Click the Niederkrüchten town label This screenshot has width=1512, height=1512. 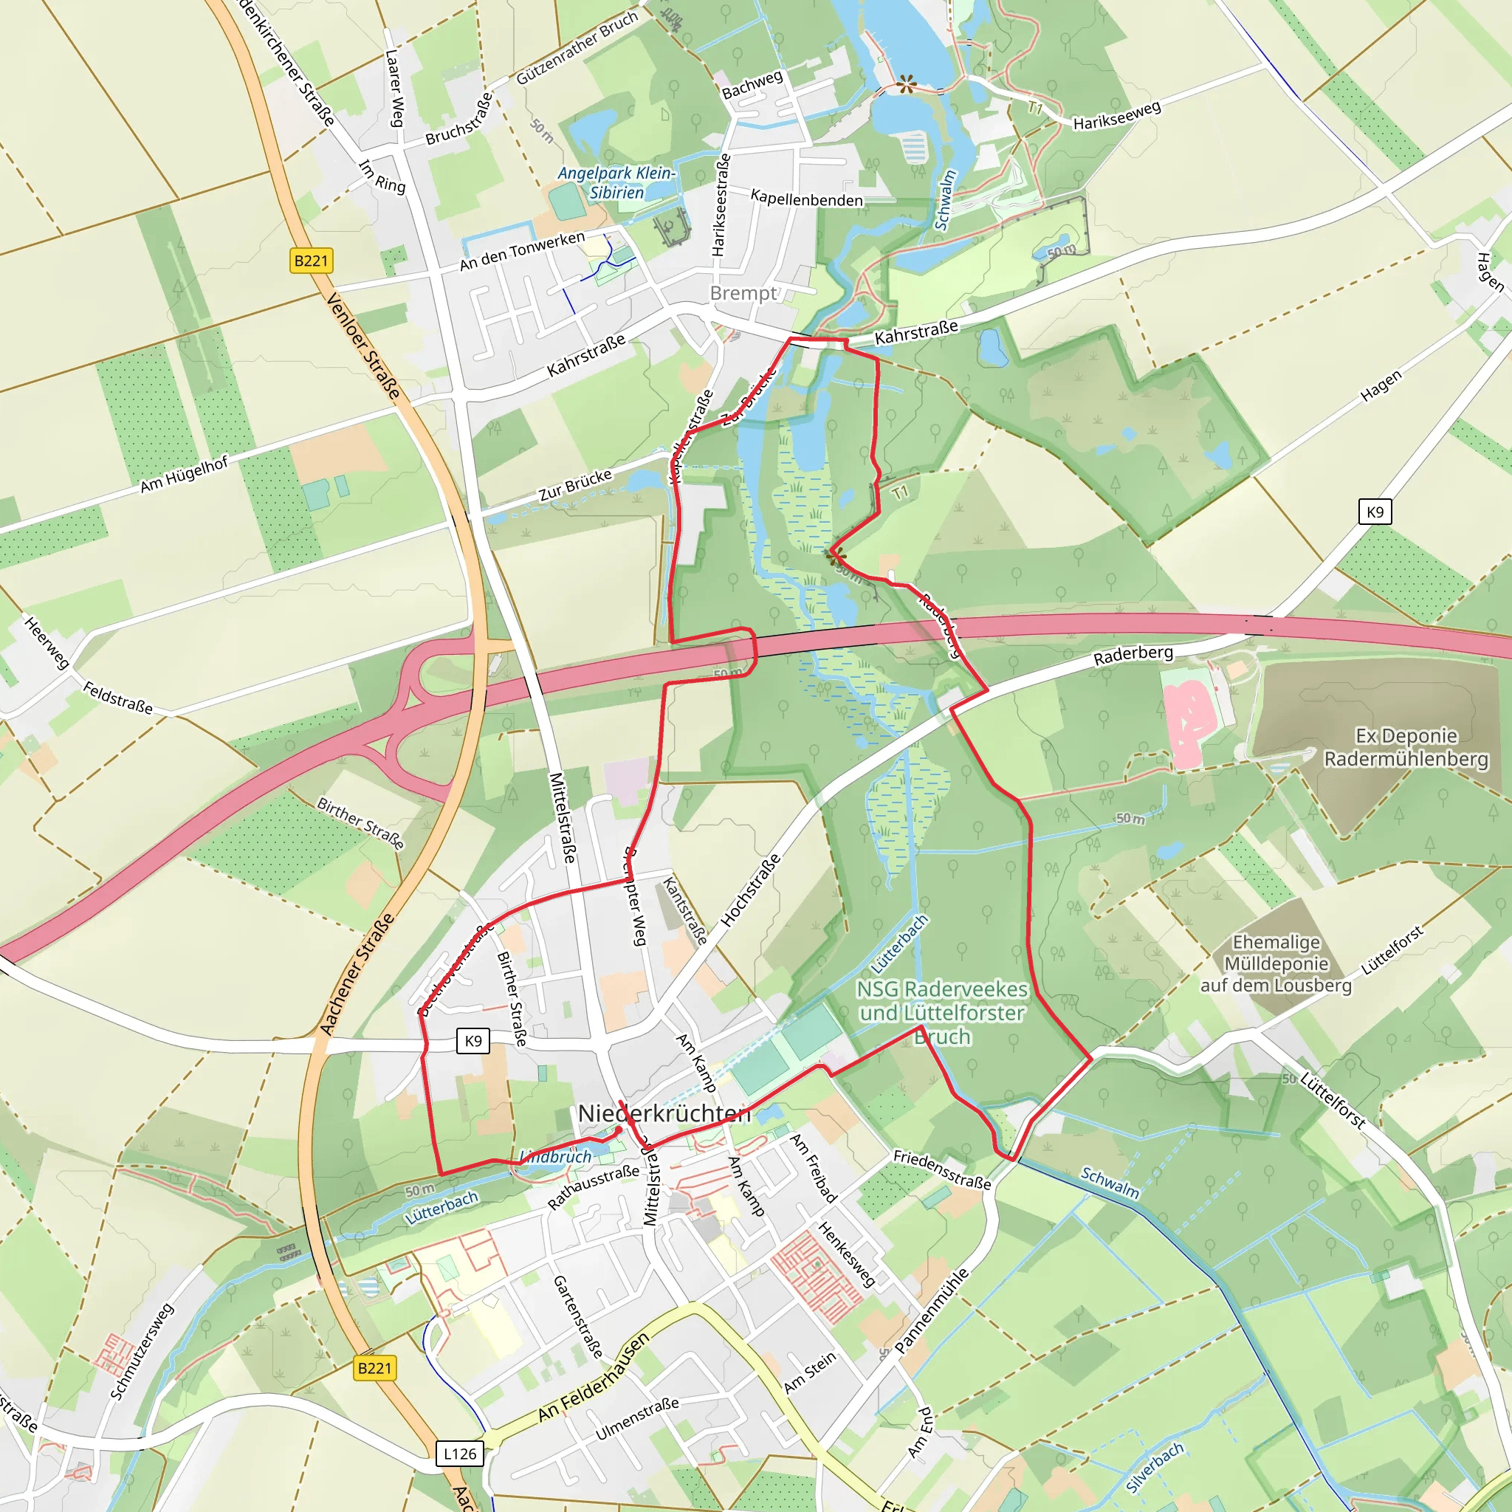point(664,1113)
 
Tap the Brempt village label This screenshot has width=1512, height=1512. point(743,294)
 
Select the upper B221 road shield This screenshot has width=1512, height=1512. point(311,261)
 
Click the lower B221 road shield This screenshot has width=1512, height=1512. point(374,1368)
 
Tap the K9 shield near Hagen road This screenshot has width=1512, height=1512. point(1375,512)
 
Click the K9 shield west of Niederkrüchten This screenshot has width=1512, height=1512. point(472,1041)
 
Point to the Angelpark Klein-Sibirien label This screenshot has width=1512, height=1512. point(616,182)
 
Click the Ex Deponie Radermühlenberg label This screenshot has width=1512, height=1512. point(1406,747)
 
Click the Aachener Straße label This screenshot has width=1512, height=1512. point(357,974)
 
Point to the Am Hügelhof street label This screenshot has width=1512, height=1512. point(184,474)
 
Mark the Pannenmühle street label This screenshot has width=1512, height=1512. point(931,1310)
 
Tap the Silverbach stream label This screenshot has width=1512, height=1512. point(1155,1468)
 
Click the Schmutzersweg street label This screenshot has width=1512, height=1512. point(142,1351)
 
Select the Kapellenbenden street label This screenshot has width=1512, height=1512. point(806,199)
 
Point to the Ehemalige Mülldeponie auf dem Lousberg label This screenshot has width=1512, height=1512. point(1276,963)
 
